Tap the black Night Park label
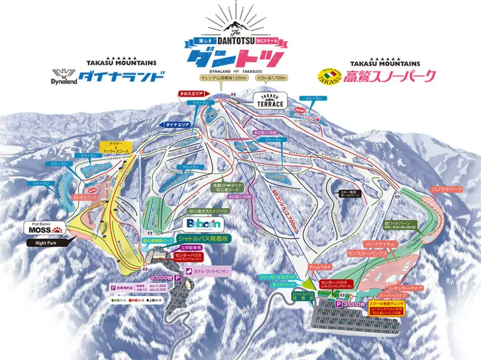click(x=41, y=242)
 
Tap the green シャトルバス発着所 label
click(x=203, y=239)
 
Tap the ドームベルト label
click(x=320, y=266)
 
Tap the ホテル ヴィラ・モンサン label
click(x=211, y=269)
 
